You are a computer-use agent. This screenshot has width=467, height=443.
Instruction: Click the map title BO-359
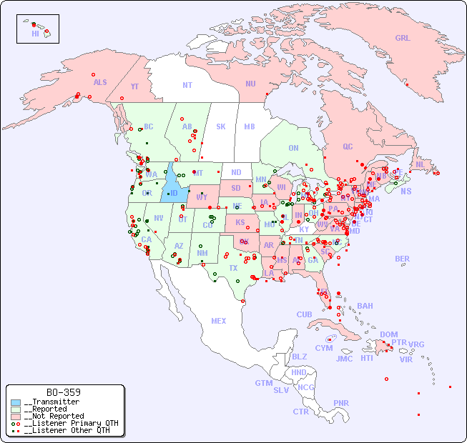pyautogui.click(x=63, y=392)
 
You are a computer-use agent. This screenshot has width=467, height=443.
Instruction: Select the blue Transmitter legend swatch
pyautogui.click(x=15, y=402)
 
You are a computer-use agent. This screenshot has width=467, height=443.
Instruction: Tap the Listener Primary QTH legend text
pyautogui.click(x=71, y=423)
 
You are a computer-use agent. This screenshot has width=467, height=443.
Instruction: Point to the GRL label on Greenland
pyautogui.click(x=403, y=39)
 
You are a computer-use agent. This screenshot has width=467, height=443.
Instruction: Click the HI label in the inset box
pyautogui.click(x=35, y=33)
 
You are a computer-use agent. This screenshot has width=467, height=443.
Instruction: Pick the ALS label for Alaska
pyautogui.click(x=100, y=82)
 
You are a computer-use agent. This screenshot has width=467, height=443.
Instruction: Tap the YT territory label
pyautogui.click(x=134, y=86)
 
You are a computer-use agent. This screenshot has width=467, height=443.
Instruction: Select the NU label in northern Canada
pyautogui.click(x=250, y=84)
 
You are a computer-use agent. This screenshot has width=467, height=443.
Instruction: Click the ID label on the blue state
pyautogui.click(x=173, y=193)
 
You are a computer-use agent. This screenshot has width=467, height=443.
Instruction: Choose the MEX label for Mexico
pyautogui.click(x=219, y=321)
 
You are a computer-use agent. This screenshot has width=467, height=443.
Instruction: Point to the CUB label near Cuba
pyautogui.click(x=304, y=314)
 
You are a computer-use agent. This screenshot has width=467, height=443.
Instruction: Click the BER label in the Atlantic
pyautogui.click(x=402, y=259)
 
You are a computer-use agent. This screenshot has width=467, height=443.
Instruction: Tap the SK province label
pyautogui.click(x=221, y=126)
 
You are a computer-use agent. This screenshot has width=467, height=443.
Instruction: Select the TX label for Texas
pyautogui.click(x=233, y=268)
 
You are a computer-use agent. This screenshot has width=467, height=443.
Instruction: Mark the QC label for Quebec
pyautogui.click(x=348, y=146)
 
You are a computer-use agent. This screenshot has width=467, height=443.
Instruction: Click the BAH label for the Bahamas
pyautogui.click(x=365, y=306)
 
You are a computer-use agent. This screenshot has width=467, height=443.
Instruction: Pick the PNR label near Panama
pyautogui.click(x=341, y=403)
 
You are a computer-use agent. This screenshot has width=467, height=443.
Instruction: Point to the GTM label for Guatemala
pyautogui.click(x=263, y=383)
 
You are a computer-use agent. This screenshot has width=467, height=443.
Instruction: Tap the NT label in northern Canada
pyautogui.click(x=187, y=84)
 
